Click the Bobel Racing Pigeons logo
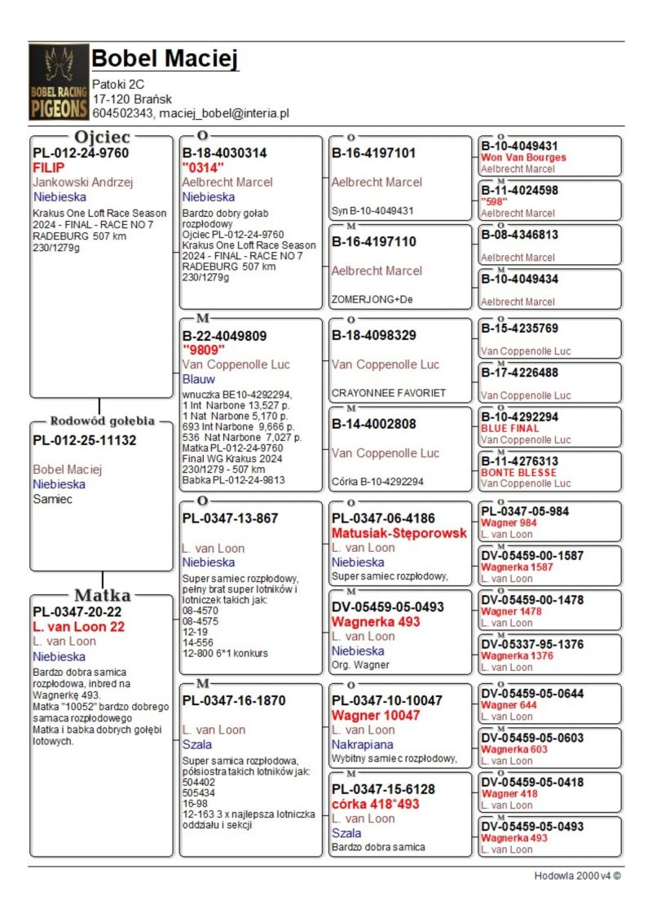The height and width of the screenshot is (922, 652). pos(59,82)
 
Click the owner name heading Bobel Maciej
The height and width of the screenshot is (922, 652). pos(165,60)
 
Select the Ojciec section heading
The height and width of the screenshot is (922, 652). pos(102,137)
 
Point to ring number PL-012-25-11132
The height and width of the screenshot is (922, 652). pos(85,441)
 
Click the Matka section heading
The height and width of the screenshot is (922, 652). pos(102,595)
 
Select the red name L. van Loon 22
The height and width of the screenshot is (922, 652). pos(78,627)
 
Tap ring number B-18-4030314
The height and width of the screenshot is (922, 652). pos(224,153)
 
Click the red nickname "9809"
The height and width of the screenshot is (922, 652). pos(203,351)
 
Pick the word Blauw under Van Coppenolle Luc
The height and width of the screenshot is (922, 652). pos(199,379)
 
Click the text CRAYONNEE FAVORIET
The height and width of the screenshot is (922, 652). pos(389,392)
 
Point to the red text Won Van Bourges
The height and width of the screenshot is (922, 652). pos(523,157)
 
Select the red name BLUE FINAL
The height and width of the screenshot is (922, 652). pos(510,428)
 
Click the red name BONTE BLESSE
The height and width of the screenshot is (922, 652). pos(519,472)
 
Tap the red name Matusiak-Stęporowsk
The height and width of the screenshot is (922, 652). pos(399,533)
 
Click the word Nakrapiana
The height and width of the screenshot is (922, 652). pos(362,744)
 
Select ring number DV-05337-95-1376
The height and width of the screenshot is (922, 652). pos(532,644)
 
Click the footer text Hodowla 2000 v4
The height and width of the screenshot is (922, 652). pos(577,876)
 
